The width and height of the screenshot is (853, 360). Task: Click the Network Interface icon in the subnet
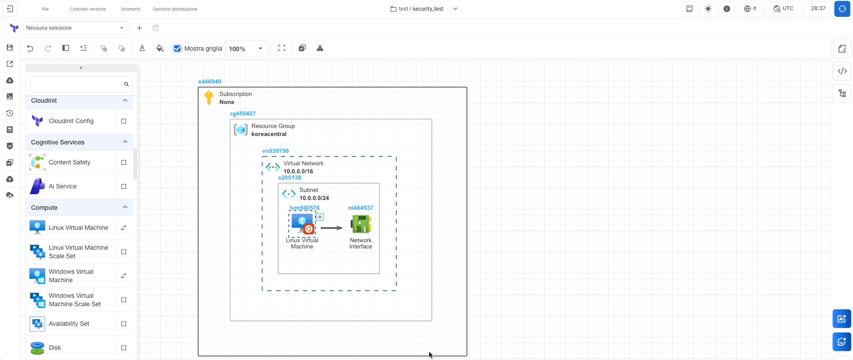[361, 224]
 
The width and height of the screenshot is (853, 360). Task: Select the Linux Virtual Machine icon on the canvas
[303, 224]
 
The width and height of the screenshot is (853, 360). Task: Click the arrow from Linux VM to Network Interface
[331, 228]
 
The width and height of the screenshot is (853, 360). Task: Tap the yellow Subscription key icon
[209, 97]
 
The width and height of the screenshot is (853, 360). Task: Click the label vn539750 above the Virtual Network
[275, 151]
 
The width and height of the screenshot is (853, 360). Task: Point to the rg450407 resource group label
[243, 114]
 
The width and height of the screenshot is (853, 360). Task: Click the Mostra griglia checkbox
[178, 48]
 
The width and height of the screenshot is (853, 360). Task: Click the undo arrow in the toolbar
[30, 48]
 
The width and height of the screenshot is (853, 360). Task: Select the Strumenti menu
[131, 9]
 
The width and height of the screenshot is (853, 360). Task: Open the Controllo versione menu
[88, 9]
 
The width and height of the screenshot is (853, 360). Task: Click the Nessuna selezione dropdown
[76, 28]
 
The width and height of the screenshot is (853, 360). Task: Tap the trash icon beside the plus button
[155, 28]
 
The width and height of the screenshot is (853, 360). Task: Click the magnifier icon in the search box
[126, 84]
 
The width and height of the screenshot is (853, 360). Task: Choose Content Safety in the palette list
[70, 163]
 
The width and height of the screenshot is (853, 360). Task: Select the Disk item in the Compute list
[55, 348]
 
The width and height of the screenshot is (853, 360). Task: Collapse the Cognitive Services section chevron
[125, 142]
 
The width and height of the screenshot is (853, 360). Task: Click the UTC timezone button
[783, 9]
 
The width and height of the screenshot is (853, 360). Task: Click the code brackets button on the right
[842, 71]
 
